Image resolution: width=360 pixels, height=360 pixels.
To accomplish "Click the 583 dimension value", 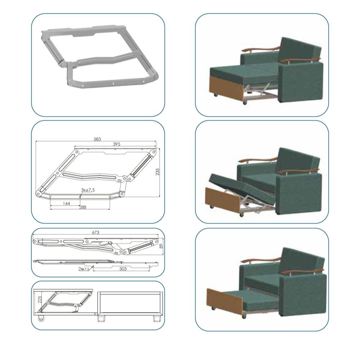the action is (x=97, y=139).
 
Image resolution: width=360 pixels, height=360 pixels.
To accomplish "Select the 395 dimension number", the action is (x=116, y=144).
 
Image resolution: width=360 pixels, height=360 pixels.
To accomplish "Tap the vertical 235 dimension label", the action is (x=158, y=172).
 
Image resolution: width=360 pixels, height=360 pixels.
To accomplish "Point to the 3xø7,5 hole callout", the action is (x=88, y=190).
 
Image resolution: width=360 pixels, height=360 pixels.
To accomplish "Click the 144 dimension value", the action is (x=66, y=203).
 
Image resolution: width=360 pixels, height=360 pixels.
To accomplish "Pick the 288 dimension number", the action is (x=83, y=207).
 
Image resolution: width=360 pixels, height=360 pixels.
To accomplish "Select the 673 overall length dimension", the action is (x=95, y=232).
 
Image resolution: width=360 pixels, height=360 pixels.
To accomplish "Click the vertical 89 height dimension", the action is (x=161, y=246).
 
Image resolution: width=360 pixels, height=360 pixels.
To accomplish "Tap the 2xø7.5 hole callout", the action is (x=84, y=269).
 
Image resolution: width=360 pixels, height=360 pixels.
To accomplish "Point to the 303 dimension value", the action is (x=123, y=269).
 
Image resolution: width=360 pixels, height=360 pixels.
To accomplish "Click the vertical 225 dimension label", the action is (x=40, y=299).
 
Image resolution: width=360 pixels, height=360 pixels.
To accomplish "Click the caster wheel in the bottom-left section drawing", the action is (x=41, y=319).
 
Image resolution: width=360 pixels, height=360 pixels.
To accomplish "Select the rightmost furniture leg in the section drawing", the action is (x=157, y=319).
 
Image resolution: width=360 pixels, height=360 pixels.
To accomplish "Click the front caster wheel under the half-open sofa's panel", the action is (x=211, y=207).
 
